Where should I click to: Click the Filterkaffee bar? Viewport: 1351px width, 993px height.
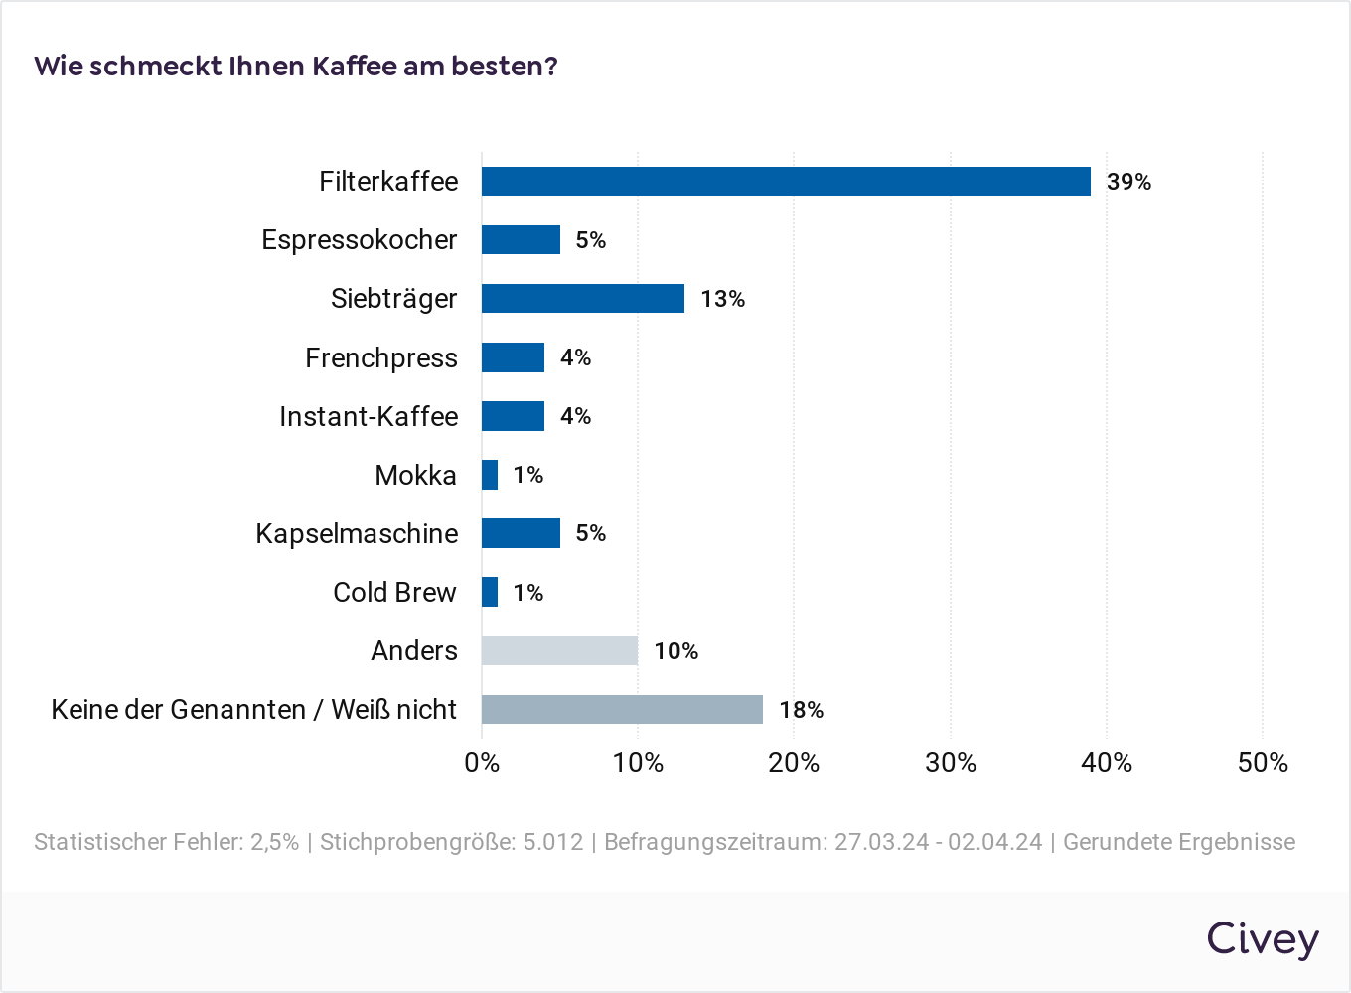click(786, 181)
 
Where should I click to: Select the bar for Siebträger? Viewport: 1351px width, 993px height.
click(583, 298)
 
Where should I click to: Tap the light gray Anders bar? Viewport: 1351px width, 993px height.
click(559, 650)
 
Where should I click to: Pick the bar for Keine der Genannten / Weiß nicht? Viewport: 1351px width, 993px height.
click(622, 709)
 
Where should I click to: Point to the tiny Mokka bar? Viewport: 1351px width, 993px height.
click(490, 475)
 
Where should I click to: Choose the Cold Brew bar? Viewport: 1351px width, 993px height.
click(490, 592)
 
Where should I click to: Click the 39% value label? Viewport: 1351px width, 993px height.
click(1128, 182)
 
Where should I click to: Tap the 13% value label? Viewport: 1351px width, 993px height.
click(722, 299)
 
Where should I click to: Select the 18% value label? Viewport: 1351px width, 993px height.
click(801, 710)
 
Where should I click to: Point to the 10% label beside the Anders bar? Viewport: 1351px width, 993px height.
click(675, 651)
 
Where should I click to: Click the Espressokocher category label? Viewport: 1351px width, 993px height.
click(359, 240)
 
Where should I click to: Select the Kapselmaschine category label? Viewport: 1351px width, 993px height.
click(357, 533)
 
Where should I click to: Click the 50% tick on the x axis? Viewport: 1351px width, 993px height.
click(1263, 763)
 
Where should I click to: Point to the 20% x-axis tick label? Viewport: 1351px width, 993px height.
click(794, 763)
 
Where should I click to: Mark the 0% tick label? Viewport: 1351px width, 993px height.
click(482, 763)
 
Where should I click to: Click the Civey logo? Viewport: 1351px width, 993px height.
click(1263, 938)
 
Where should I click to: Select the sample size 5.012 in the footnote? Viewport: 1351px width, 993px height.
click(552, 842)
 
